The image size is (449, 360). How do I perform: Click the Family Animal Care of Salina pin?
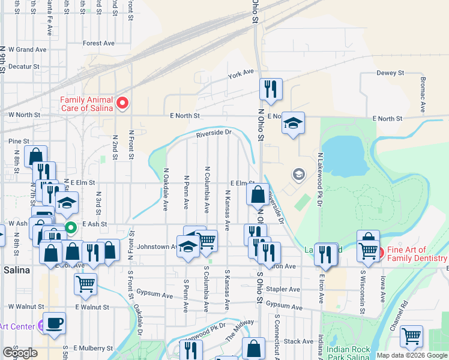click(123, 104)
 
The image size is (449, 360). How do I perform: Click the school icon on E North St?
click(293, 123)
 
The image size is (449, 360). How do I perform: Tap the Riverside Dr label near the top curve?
click(212, 133)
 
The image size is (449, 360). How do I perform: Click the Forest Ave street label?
click(98, 43)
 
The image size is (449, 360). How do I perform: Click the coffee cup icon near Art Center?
click(54, 323)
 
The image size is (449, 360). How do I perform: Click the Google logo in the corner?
click(19, 353)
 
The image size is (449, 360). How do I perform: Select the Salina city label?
click(16, 270)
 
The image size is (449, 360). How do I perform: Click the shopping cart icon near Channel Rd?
click(411, 336)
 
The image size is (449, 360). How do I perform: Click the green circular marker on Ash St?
click(71, 227)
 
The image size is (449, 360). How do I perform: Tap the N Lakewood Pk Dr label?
click(319, 180)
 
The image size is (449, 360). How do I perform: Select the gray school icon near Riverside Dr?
click(298, 175)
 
